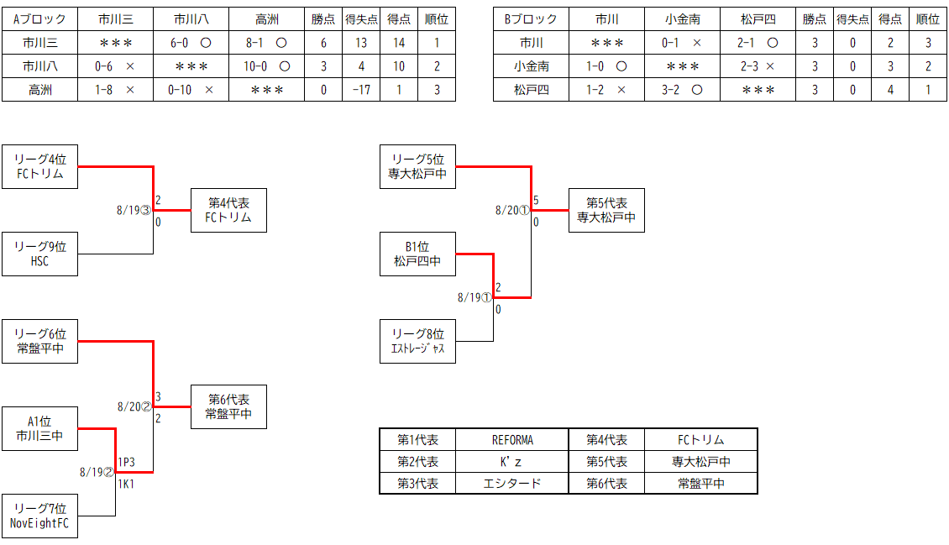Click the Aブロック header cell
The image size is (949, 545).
pyautogui.click(x=39, y=19)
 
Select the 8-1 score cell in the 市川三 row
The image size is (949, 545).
pyautogui.click(x=266, y=42)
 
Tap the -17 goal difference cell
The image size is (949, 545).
pyautogui.click(x=361, y=90)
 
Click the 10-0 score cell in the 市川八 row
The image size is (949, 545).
pyautogui.click(x=266, y=66)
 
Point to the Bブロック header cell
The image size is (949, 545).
pyautogui.click(x=531, y=19)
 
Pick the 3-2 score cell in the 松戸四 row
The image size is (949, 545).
pyautogui.click(x=682, y=90)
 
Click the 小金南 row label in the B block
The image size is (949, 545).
pyautogui.click(x=531, y=66)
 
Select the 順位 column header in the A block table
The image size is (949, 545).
pyautogui.click(x=436, y=19)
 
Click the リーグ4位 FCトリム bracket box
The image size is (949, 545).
pyautogui.click(x=39, y=166)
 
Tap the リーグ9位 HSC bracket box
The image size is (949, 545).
pyautogui.click(x=39, y=254)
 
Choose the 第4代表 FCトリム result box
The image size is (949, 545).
pyautogui.click(x=228, y=210)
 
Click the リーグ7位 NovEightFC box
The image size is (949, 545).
pyautogui.click(x=39, y=516)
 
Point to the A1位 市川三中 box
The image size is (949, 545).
pyautogui.click(x=39, y=428)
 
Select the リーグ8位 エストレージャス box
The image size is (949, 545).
pyautogui.click(x=417, y=341)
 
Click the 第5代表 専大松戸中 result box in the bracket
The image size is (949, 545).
pyautogui.click(x=606, y=210)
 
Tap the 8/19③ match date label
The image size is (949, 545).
pyautogui.click(x=133, y=210)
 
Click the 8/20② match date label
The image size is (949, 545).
pyautogui.click(x=134, y=406)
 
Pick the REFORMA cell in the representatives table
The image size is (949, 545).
pyautogui.click(x=512, y=440)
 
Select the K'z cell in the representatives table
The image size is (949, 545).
pyautogui.click(x=512, y=462)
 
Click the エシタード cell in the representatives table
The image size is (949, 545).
pyautogui.click(x=512, y=484)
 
